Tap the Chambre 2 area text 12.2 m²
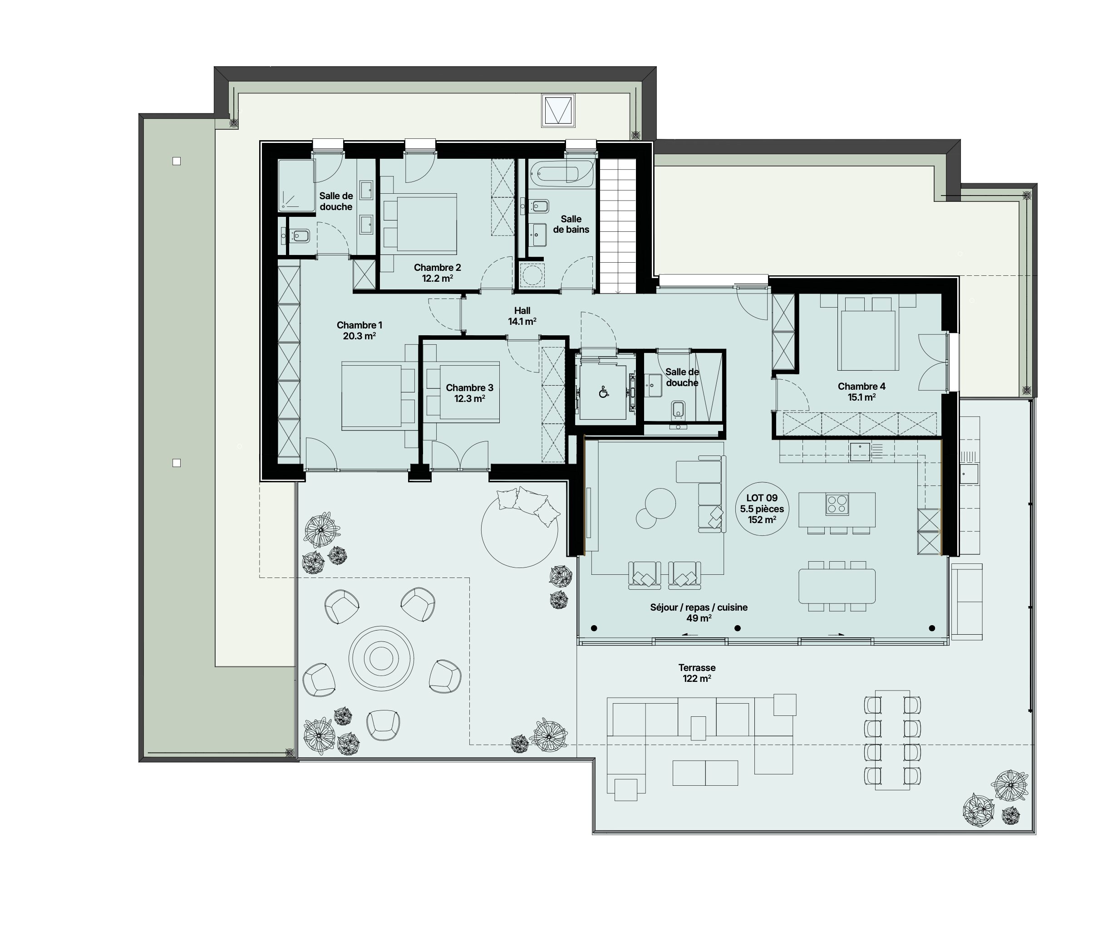click(438, 278)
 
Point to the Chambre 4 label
click(862, 386)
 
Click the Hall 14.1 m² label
click(522, 316)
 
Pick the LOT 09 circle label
click(762, 509)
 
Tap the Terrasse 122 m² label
click(697, 673)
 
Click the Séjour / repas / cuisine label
click(699, 607)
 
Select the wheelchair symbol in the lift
click(604, 392)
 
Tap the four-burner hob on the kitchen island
click(837, 504)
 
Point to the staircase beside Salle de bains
click(618, 226)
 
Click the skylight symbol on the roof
click(558, 111)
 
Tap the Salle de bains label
click(571, 224)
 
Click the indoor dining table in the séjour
click(837, 586)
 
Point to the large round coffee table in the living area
click(660, 503)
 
